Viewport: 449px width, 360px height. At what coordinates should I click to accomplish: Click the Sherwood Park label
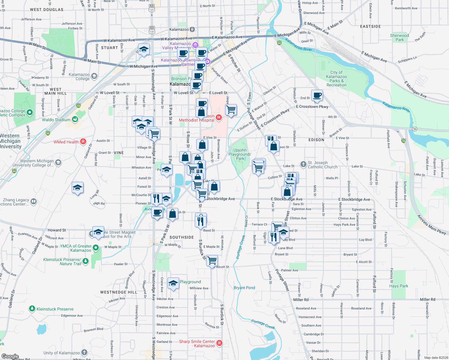[399, 37]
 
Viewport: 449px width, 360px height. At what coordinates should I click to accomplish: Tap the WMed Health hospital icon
[83, 142]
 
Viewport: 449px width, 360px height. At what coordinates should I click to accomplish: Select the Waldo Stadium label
[56, 120]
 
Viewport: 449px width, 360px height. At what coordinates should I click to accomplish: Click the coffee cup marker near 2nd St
[317, 96]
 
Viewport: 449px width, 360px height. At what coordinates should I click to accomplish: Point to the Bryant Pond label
[244, 288]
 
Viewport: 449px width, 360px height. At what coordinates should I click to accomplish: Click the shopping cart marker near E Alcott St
[212, 260]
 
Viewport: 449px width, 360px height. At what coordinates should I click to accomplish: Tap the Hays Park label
[399, 286]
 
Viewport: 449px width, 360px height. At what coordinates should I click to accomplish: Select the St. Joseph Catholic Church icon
[303, 164]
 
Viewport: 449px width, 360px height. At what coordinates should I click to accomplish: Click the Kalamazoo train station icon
[192, 29]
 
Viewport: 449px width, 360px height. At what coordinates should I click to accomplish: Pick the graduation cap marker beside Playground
[173, 283]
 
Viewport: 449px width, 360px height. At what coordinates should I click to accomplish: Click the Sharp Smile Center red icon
[219, 343]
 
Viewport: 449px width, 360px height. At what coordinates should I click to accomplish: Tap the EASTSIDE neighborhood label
[370, 26]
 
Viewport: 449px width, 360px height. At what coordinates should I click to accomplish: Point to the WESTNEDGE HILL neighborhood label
[119, 292]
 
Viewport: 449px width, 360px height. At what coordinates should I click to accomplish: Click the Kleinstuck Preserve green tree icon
[32, 309]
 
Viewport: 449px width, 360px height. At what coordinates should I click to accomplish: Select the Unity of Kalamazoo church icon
[84, 352]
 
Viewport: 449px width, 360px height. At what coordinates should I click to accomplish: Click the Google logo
[10, 356]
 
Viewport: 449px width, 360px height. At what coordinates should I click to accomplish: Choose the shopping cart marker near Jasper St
[231, 110]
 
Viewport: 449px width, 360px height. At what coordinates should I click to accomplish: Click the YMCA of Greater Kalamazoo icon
[96, 247]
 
